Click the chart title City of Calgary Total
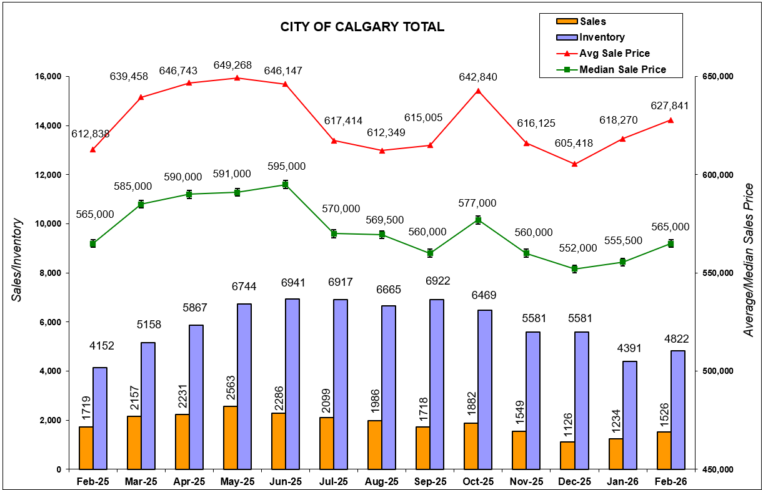tap(362, 27)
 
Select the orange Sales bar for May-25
tap(230, 437)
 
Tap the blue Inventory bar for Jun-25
tap(292, 384)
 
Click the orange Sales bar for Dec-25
tap(567, 455)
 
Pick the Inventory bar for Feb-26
tap(678, 409)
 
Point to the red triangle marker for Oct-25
tap(478, 91)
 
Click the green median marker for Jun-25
tap(285, 184)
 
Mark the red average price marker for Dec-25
tap(575, 164)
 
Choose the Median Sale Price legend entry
tap(622, 69)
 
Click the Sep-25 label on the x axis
tap(430, 482)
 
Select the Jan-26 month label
tap(622, 482)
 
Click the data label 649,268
tap(237, 64)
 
